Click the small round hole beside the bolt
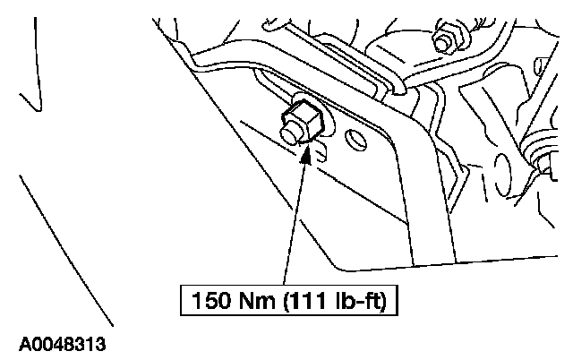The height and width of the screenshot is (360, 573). coord(355,141)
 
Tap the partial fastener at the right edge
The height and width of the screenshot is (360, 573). coord(543,159)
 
